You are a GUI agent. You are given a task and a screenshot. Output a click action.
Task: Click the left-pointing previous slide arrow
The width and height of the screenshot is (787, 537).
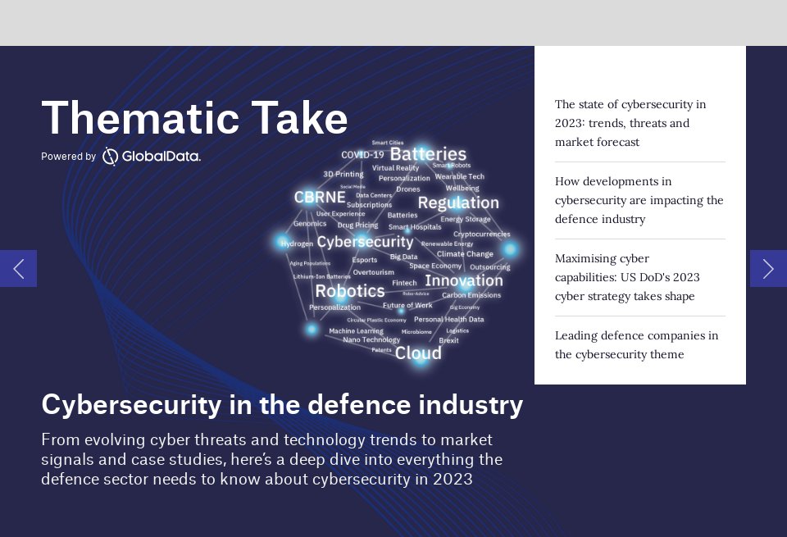point(18,268)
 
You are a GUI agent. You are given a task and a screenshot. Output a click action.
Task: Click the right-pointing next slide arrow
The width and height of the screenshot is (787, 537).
point(768,268)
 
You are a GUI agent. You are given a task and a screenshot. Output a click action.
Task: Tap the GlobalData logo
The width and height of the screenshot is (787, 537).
point(152,156)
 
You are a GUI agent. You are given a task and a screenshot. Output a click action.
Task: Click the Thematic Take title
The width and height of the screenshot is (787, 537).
point(194,118)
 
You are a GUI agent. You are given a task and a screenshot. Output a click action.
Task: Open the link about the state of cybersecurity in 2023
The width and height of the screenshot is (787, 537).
point(630,123)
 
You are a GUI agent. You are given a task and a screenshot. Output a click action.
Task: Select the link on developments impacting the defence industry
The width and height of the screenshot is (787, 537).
point(639,200)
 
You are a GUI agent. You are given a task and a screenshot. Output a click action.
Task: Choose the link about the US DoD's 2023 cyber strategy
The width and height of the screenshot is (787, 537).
point(627,277)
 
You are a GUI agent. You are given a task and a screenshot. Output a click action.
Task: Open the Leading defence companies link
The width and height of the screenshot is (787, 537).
point(636,344)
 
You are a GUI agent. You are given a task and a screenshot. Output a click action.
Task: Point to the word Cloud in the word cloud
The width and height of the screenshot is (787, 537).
point(418,353)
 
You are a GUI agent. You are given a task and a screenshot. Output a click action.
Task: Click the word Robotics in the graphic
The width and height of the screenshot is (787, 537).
point(350,291)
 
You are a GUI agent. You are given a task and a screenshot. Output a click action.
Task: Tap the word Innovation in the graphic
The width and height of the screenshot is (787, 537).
point(464,280)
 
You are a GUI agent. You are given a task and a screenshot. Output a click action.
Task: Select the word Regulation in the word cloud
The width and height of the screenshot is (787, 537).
point(458,203)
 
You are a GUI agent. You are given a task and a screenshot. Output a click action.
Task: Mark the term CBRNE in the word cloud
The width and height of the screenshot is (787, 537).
point(320,198)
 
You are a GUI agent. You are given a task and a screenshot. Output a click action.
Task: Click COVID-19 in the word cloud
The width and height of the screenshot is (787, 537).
point(362,155)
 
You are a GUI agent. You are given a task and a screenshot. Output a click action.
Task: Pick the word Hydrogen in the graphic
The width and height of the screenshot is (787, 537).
point(297,243)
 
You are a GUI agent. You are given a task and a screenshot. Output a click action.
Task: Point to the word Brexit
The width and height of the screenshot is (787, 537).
point(448,340)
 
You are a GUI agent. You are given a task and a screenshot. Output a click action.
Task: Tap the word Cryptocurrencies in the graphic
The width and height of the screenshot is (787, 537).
point(481,234)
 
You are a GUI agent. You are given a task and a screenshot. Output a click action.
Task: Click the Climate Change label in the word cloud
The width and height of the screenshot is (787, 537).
point(465,254)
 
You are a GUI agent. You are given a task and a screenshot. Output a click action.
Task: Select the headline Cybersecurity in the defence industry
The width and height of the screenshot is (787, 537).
point(282,404)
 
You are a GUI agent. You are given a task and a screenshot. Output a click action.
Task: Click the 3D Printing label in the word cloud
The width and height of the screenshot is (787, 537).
point(343,174)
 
